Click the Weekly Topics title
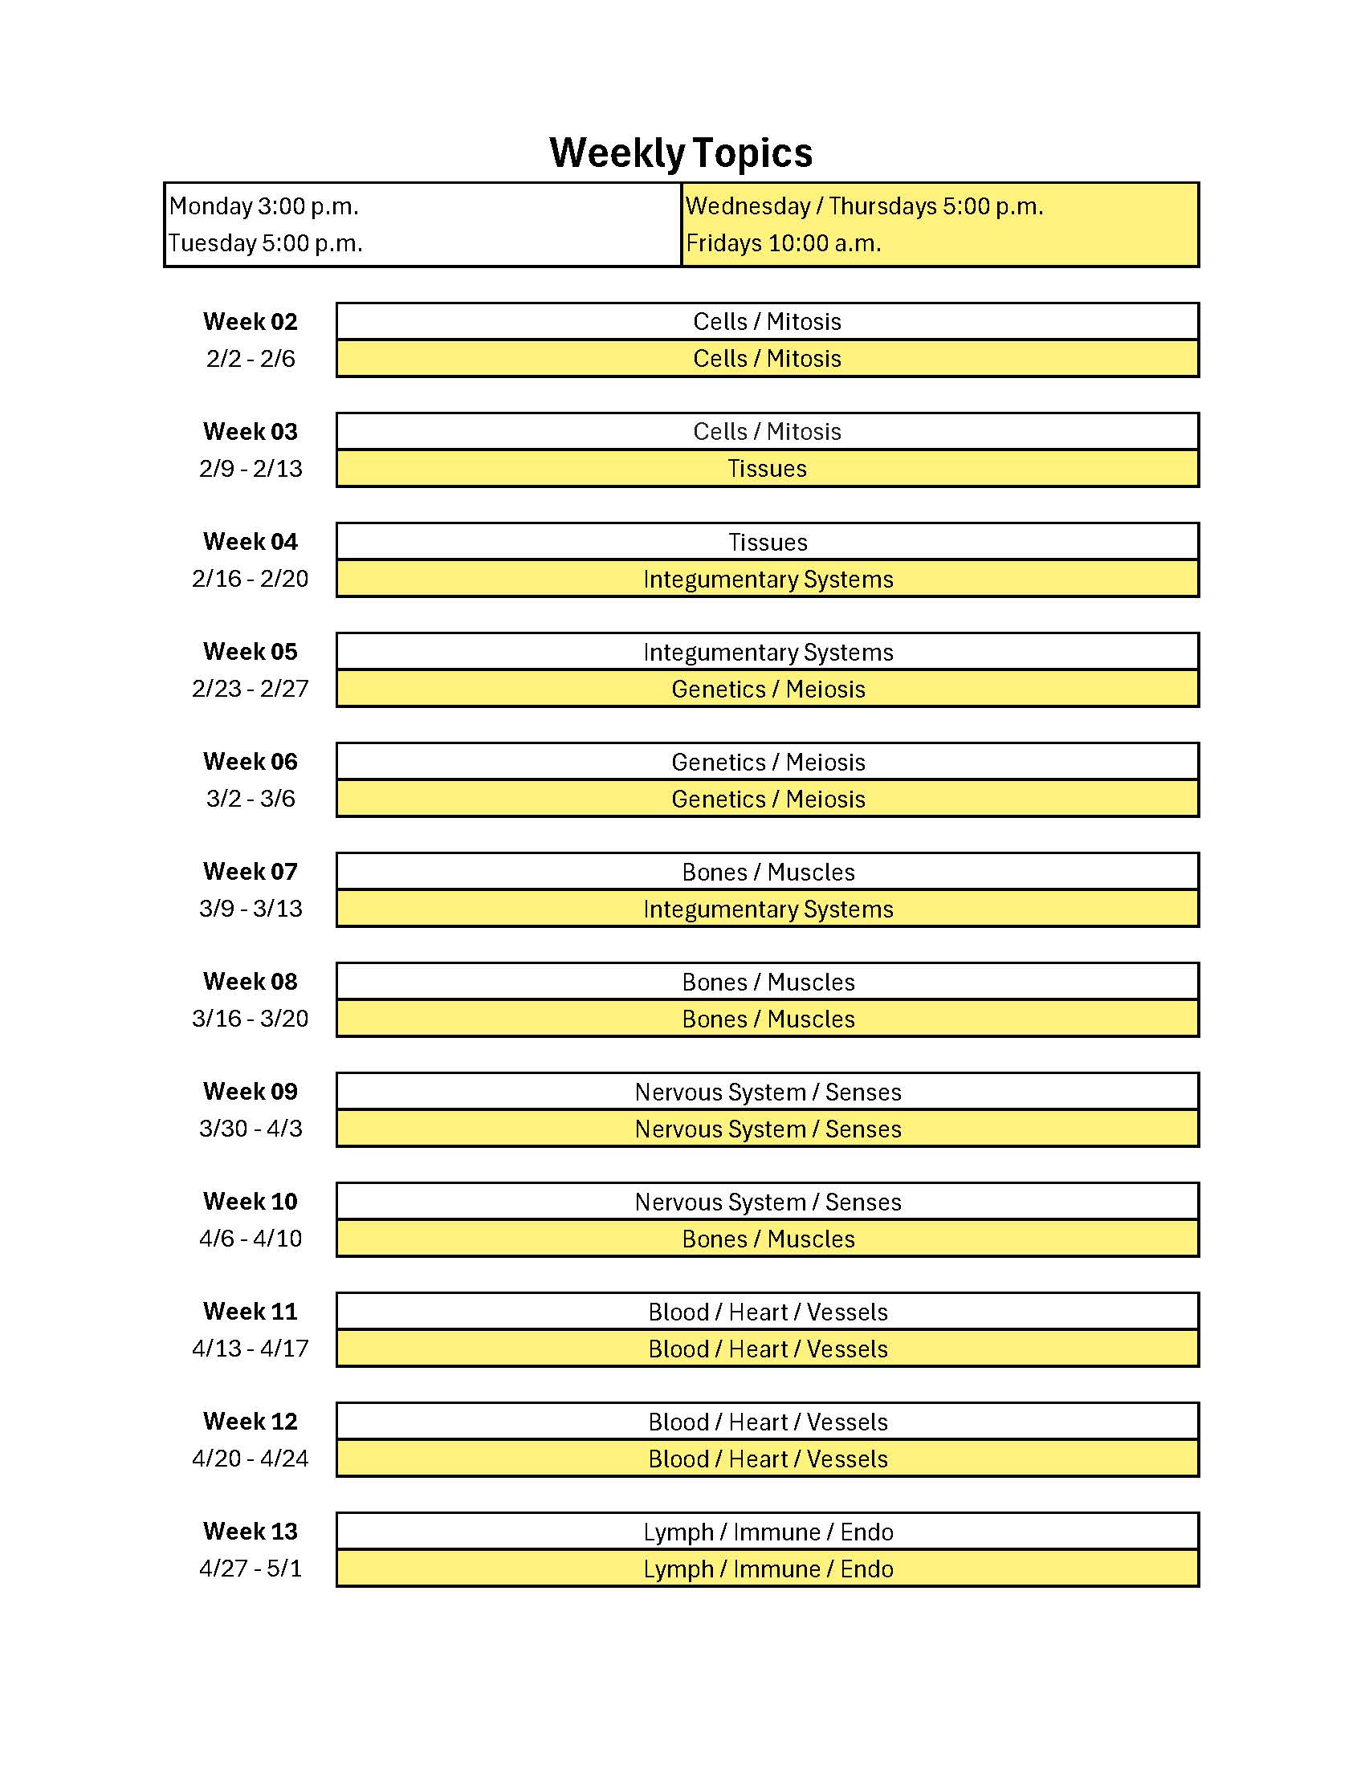coord(681,153)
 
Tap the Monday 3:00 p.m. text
coord(263,206)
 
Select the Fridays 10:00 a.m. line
coord(783,243)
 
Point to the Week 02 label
coord(250,322)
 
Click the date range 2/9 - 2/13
coord(250,469)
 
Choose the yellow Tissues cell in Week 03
coord(767,469)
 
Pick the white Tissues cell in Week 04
coord(767,542)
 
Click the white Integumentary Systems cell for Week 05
coord(768,652)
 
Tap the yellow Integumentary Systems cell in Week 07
coord(768,909)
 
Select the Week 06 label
coord(250,762)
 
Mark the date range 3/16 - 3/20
coord(250,1019)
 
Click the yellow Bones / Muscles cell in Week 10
coord(768,1239)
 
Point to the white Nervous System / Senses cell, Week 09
coord(768,1092)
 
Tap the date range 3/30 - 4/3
coord(250,1129)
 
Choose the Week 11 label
coord(250,1312)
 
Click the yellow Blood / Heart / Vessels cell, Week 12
coord(768,1459)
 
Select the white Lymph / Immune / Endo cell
coord(768,1532)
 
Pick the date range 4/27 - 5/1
coord(250,1569)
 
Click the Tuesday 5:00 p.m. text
coord(265,243)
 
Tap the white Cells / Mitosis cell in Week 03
coord(767,432)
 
